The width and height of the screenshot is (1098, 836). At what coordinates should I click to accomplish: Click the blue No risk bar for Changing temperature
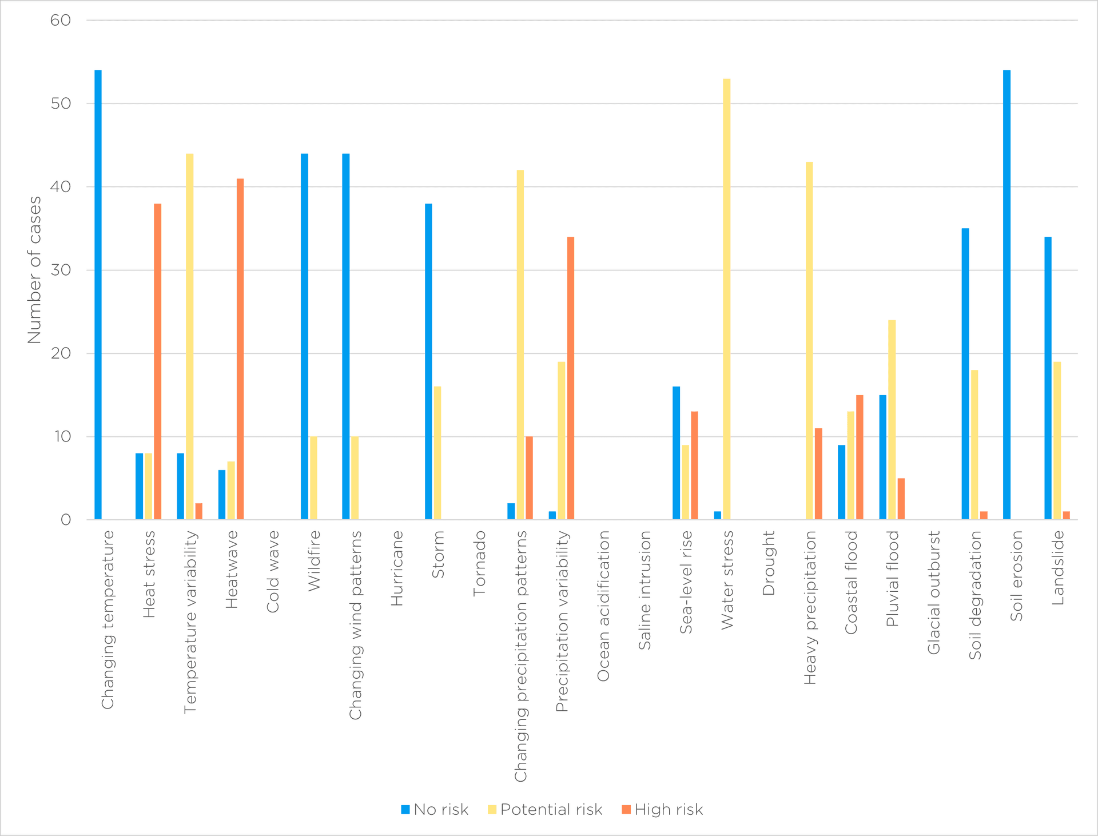pyautogui.click(x=98, y=294)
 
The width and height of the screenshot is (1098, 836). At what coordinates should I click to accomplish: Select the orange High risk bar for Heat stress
pyautogui.click(x=157, y=361)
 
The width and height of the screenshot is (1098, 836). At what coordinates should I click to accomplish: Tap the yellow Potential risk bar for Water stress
pyautogui.click(x=726, y=299)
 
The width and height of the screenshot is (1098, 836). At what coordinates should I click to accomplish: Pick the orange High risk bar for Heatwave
pyautogui.click(x=240, y=349)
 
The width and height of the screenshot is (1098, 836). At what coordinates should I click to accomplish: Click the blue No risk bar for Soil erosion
pyautogui.click(x=1006, y=294)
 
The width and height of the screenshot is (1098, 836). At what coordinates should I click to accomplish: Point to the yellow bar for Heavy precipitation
pyautogui.click(x=809, y=341)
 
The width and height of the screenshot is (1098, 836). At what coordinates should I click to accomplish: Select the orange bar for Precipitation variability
pyautogui.click(x=571, y=378)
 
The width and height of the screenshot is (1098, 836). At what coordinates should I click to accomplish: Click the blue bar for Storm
pyautogui.click(x=428, y=361)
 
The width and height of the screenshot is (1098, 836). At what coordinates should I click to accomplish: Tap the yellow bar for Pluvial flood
pyautogui.click(x=892, y=420)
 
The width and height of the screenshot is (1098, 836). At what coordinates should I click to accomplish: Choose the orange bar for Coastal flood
pyautogui.click(x=860, y=457)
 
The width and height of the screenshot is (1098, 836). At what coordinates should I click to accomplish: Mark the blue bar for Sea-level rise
pyautogui.click(x=676, y=453)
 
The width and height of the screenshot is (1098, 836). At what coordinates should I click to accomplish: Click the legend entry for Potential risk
pyautogui.click(x=545, y=810)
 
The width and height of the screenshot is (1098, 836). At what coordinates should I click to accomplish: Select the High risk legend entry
pyautogui.click(x=662, y=810)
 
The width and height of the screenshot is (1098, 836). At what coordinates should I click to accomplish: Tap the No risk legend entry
pyautogui.click(x=435, y=810)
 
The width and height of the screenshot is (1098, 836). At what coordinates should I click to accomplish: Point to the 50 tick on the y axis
pyautogui.click(x=61, y=103)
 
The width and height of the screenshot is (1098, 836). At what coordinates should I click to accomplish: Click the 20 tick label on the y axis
pyautogui.click(x=61, y=353)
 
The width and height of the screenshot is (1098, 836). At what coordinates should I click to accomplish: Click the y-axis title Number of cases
pyautogui.click(x=34, y=270)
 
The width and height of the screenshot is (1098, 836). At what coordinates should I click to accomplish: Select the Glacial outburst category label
pyautogui.click(x=933, y=592)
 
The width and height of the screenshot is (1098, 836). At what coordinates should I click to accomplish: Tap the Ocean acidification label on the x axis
pyautogui.click(x=603, y=606)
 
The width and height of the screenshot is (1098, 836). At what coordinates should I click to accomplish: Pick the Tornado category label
pyautogui.click(x=479, y=563)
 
